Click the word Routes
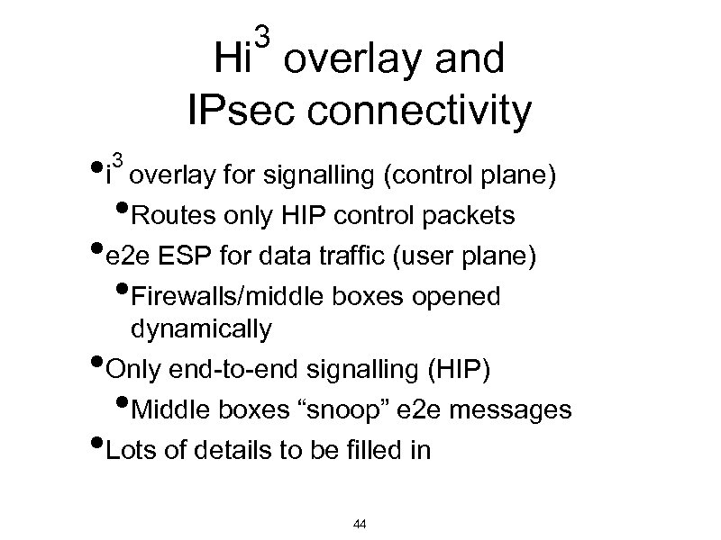pos(172,216)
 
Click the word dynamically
pos(200,330)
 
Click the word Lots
pos(132,450)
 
